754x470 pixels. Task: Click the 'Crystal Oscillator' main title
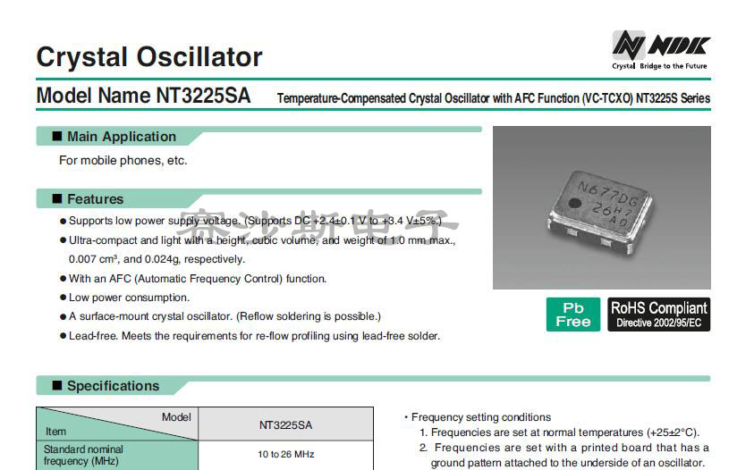148,57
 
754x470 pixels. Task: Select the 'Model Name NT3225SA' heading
143,96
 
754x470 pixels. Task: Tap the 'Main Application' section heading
122,137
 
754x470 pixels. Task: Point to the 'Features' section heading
95,199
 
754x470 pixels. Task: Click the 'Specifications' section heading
113,386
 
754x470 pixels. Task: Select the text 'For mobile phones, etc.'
123,161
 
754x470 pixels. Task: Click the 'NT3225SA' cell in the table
286,424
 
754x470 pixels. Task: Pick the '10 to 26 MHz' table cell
286,455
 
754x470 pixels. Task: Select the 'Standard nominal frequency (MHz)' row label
84,455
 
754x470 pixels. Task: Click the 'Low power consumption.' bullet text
129,298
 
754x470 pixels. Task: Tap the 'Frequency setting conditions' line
480,417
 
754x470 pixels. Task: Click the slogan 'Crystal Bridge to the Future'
659,66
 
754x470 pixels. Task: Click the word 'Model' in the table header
176,417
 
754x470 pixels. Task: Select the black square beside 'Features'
57,199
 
